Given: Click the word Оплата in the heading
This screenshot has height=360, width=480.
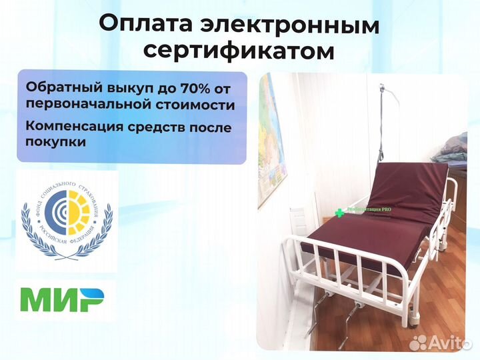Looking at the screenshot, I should [146, 24].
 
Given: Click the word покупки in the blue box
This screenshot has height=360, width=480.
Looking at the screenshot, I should [56, 142].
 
